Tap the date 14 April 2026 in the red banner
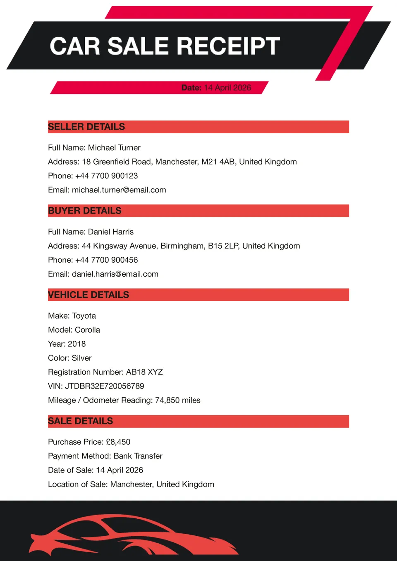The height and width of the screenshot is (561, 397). coord(227,88)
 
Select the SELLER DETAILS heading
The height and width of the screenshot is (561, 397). coord(86,127)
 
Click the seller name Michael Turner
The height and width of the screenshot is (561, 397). coord(114,148)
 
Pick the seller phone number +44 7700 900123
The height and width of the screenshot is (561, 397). coord(106,176)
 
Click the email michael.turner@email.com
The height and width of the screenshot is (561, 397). coord(119,190)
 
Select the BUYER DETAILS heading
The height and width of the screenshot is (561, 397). coord(85,211)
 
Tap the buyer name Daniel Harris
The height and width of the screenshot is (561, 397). coord(111,232)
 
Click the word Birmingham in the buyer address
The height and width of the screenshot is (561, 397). coord(183,246)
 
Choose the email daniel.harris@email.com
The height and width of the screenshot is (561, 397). coord(115,274)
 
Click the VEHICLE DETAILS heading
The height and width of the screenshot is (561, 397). coord(88,295)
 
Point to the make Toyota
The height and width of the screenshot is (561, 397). coord(84,316)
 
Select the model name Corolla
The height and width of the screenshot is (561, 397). coord(87,330)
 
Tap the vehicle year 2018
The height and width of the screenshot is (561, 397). coord(77,344)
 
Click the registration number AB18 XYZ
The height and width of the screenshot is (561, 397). coord(144,372)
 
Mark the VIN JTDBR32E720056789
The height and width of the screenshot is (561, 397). coord(105,386)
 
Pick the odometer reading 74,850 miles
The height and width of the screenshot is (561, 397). coord(178,400)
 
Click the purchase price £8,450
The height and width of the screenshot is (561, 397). coord(118,442)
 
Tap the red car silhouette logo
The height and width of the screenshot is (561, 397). coord(132,536)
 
